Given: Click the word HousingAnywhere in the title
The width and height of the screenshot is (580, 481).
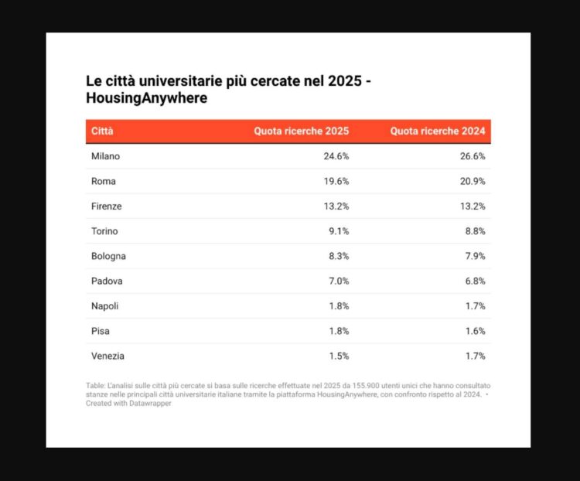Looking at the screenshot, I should point(146,99).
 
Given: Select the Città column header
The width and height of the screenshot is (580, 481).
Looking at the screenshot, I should point(102,131).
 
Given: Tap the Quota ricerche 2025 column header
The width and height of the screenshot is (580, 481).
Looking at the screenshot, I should point(302,131).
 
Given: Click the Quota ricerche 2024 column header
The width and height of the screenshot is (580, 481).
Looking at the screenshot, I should point(438,131).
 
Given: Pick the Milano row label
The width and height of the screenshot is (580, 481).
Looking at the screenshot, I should point(105,156).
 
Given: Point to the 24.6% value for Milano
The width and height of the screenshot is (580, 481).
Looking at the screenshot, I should point(336,156).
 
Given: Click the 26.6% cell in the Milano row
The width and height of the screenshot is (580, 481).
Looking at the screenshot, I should point(472,156).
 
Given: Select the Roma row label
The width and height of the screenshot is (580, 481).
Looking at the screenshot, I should point(103,181).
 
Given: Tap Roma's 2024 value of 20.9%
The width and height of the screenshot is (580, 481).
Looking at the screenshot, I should point(472,181).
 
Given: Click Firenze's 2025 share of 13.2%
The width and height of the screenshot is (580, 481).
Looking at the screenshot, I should point(336,206).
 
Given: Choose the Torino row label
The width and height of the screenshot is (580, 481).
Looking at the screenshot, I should point(104,231).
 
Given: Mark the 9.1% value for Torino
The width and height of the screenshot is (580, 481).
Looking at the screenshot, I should point(338,231).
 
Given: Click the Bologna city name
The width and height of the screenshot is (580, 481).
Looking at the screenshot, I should point(108,256).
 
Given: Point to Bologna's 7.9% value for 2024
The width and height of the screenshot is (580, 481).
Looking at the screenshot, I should point(474,256).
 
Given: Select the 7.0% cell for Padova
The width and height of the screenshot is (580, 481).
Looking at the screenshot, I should point(338,281).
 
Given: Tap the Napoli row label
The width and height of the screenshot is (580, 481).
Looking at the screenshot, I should point(104,306).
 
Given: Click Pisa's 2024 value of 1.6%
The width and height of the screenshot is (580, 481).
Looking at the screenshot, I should point(474,331).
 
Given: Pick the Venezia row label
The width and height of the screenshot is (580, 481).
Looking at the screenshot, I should point(107,356).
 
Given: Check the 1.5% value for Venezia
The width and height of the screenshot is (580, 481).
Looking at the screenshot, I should point(338,356).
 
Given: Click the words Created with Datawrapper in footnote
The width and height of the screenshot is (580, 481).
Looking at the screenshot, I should point(128,404).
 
